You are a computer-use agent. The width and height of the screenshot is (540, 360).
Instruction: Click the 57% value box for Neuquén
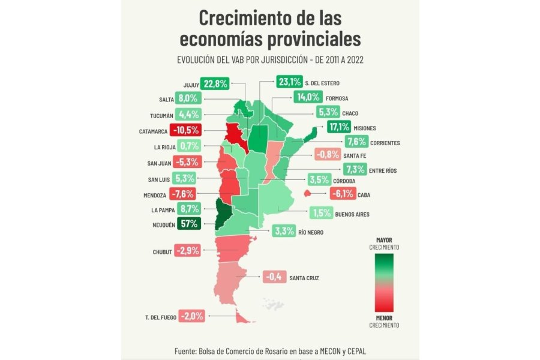(x=187, y=226)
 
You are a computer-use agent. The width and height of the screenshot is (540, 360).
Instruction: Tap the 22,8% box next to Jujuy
(x=215, y=84)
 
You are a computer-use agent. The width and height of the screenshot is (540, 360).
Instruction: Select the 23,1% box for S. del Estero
(x=289, y=82)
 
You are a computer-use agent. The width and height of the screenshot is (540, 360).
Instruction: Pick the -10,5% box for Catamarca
(x=187, y=130)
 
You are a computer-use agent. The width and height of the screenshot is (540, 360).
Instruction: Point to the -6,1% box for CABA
(x=342, y=194)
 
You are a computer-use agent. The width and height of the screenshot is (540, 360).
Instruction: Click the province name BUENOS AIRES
(x=352, y=214)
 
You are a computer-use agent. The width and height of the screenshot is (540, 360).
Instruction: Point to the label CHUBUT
(x=163, y=252)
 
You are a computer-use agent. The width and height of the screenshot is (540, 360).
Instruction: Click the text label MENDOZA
(x=155, y=195)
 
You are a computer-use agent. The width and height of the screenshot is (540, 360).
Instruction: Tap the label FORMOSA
(x=338, y=98)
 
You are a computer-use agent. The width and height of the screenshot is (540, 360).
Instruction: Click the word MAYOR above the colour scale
(x=383, y=240)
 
